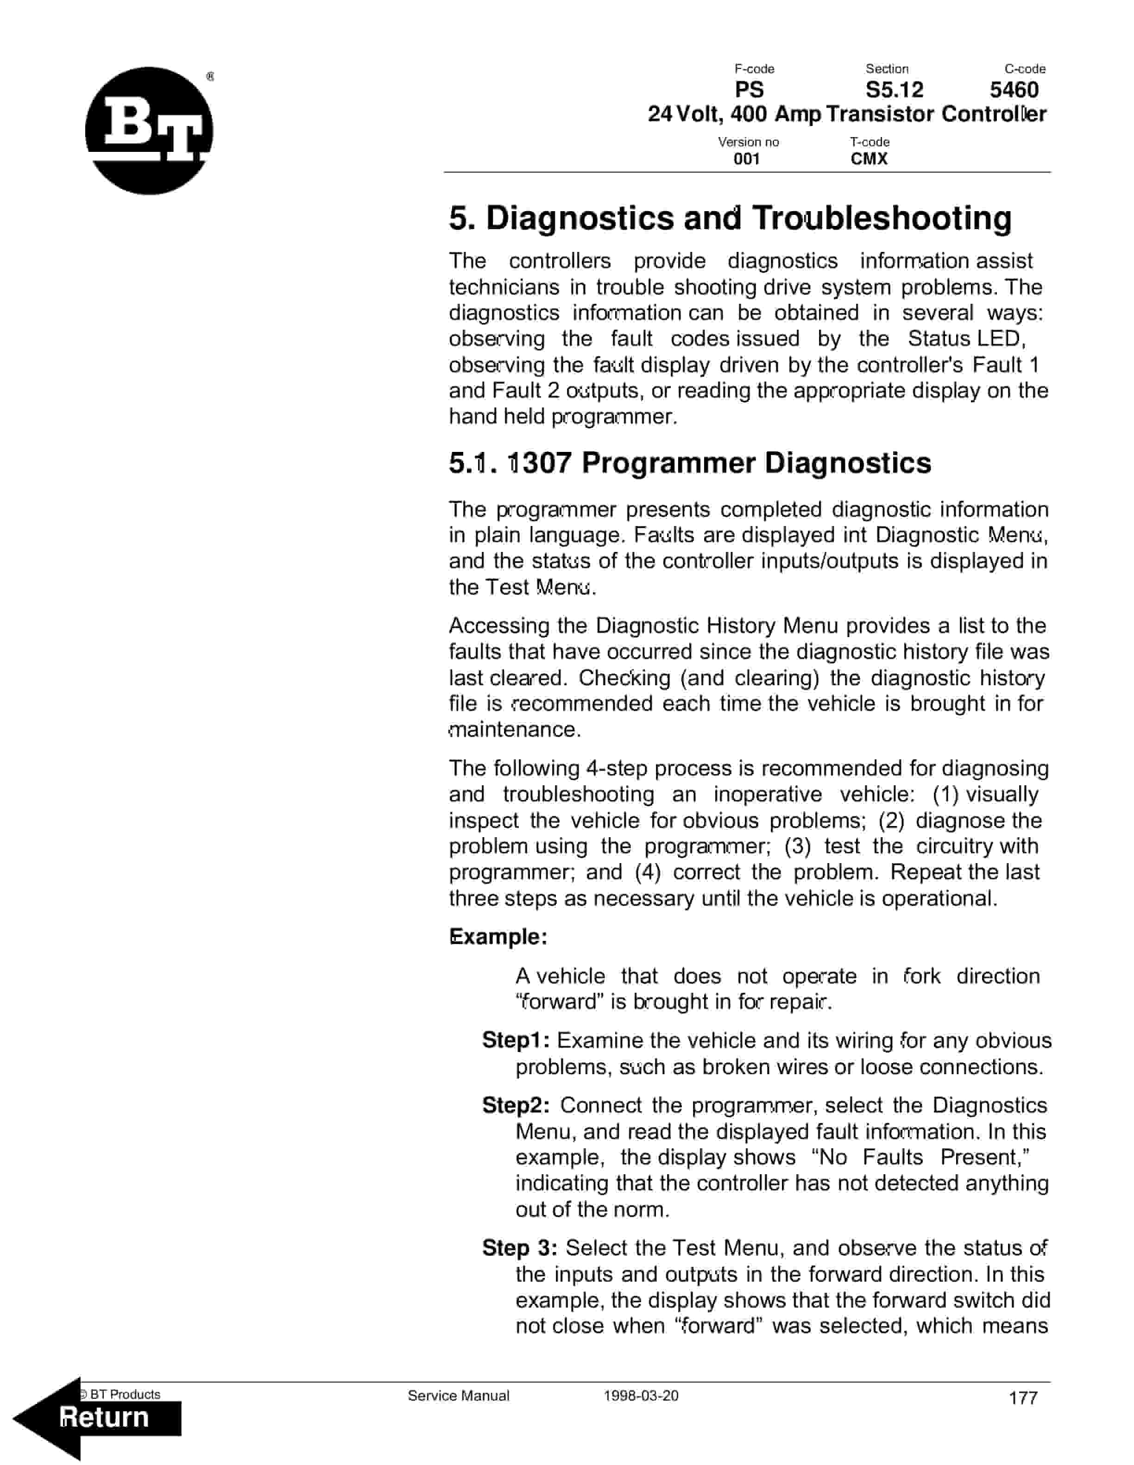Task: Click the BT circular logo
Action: (149, 131)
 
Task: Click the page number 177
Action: (1023, 1398)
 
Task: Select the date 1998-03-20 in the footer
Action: (641, 1396)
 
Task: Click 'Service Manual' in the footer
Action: (458, 1396)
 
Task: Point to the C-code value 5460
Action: (1014, 89)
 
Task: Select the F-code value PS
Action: (749, 89)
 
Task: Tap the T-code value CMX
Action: (869, 159)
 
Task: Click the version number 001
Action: (746, 159)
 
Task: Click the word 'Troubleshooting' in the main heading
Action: (881, 218)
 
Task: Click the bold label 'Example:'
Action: (498, 936)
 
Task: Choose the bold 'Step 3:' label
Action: (519, 1248)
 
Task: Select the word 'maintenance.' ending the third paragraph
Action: (514, 729)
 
